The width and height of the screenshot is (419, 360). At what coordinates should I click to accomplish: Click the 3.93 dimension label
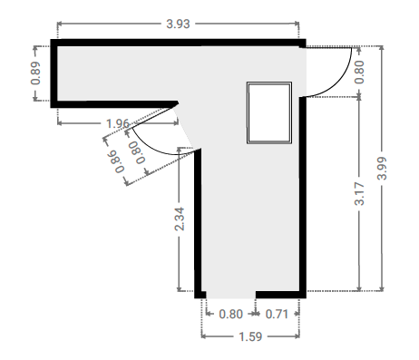pyautogui.click(x=178, y=24)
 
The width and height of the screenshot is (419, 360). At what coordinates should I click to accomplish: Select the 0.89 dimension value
pyautogui.click(x=35, y=73)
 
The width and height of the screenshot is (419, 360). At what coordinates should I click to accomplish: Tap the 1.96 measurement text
pyautogui.click(x=118, y=123)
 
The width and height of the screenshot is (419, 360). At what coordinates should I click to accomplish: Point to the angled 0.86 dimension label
pyautogui.click(x=115, y=162)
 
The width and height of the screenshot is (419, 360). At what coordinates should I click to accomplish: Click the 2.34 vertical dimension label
pyautogui.click(x=180, y=219)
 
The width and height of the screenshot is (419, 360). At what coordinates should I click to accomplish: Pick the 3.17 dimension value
pyautogui.click(x=359, y=194)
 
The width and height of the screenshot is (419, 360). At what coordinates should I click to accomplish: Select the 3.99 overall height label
pyautogui.click(x=382, y=169)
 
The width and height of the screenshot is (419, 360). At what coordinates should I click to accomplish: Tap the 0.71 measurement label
pyautogui.click(x=277, y=315)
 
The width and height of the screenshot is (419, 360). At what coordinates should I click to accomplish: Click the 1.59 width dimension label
pyautogui.click(x=250, y=336)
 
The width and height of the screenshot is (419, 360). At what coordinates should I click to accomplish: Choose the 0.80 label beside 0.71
pyautogui.click(x=231, y=315)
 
